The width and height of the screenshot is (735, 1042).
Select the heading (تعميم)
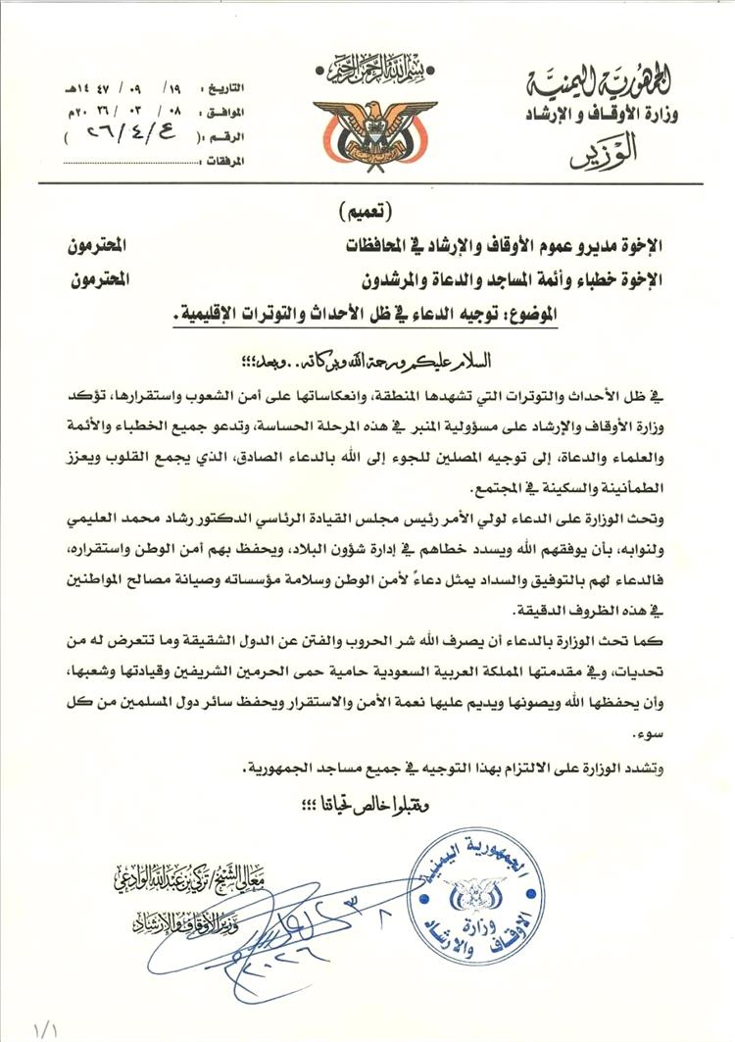[x=367, y=212]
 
